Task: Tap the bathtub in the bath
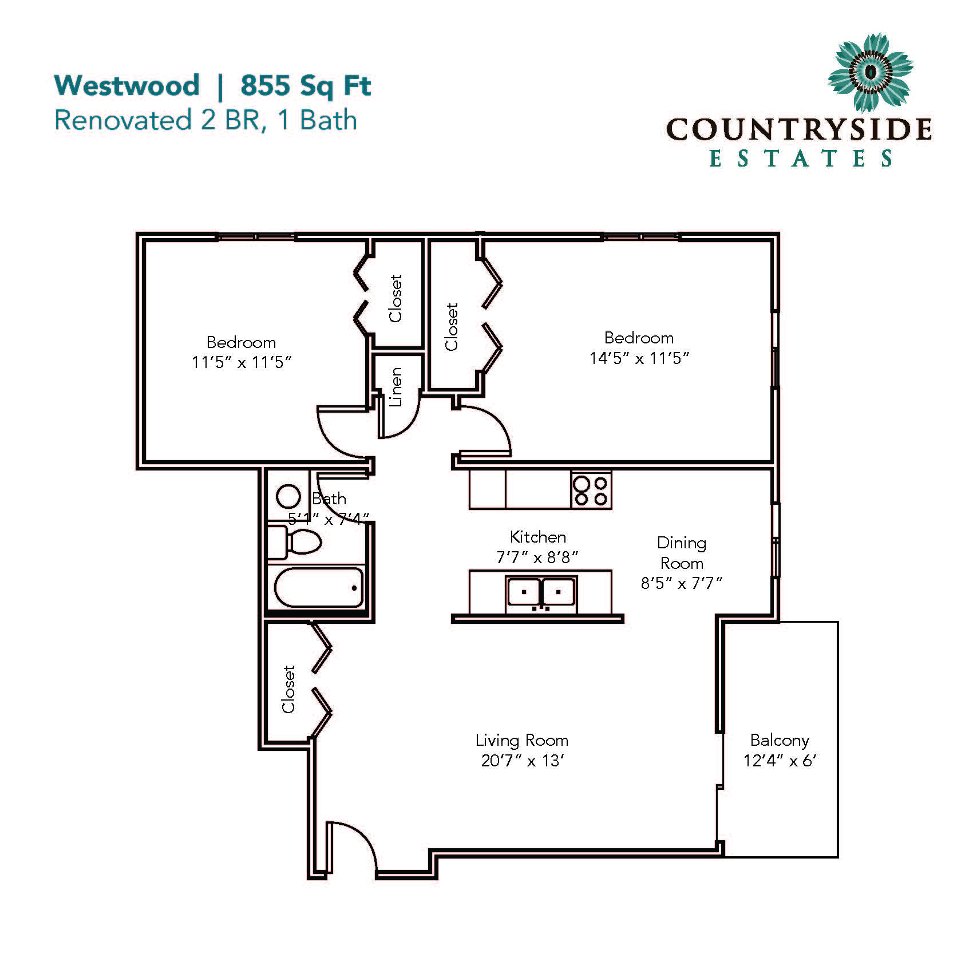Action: [x=319, y=588]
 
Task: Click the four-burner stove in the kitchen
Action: [x=591, y=491]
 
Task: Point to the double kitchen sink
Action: [x=541, y=592]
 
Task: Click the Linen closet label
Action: [x=395, y=387]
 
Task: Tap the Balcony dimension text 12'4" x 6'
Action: [x=780, y=761]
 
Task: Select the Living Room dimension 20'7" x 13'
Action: [x=523, y=761]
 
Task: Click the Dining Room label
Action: [x=682, y=553]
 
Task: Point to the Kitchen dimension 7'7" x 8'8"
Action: [x=537, y=557]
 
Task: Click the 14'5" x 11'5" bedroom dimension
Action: [x=639, y=358]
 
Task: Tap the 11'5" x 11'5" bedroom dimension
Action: [x=242, y=362]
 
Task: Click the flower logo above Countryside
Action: [x=870, y=73]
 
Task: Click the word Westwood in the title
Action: [x=126, y=85]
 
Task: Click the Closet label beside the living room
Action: [x=288, y=689]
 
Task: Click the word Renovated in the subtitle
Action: [x=122, y=120]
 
